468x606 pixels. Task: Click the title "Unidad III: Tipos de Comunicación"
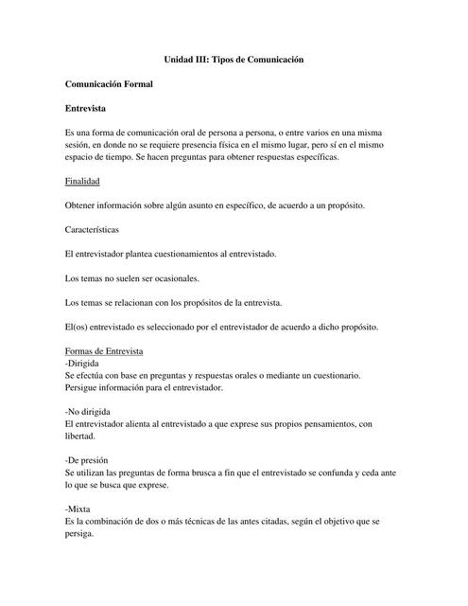click(234, 60)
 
